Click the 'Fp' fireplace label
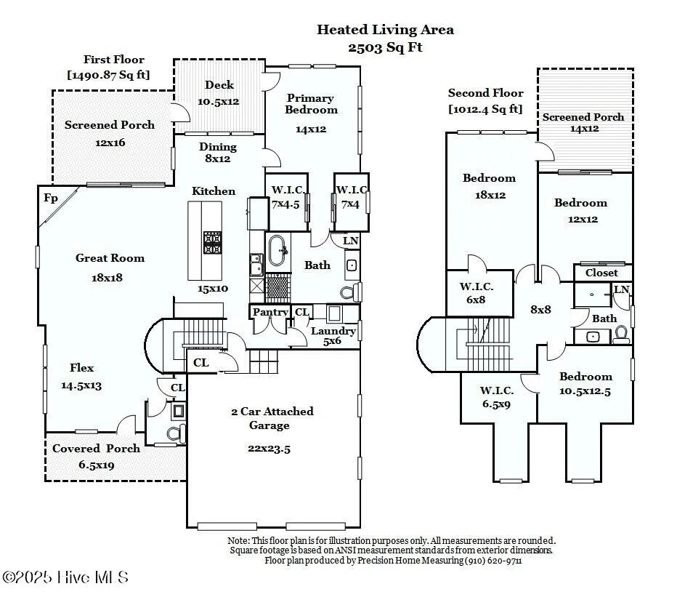coord(51,198)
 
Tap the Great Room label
coord(110,258)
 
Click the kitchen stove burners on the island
coord(212,242)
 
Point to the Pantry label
coord(270,313)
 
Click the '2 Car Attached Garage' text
coord(272,418)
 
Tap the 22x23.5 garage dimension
coord(269,449)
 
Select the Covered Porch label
coord(96,449)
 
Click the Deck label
coord(219,85)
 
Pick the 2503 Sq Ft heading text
coord(385,47)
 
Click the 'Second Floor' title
coord(485,93)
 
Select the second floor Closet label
coord(601,273)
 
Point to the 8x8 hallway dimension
coord(540,309)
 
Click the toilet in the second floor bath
coord(621,334)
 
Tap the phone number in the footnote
coord(494,561)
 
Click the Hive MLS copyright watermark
coord(65,577)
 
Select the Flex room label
coord(81,368)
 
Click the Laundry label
coord(333,332)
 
